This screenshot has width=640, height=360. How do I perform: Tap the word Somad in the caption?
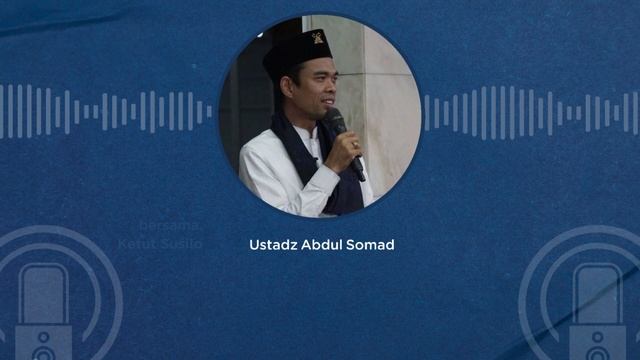372,245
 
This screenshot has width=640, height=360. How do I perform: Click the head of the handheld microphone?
336,120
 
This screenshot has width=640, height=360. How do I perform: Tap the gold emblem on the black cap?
317,38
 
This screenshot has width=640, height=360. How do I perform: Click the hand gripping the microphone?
343,149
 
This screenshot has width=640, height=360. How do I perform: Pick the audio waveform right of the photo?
530,112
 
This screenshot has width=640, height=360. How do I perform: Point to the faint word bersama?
162,227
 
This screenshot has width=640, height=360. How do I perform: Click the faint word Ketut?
135,242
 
